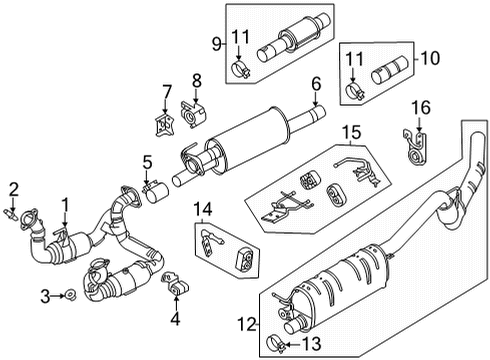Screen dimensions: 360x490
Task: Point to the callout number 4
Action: pyautogui.click(x=176, y=321)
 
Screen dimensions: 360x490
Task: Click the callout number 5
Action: pyautogui.click(x=147, y=161)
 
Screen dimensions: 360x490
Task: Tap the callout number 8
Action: pyautogui.click(x=196, y=79)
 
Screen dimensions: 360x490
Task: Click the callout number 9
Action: pyautogui.click(x=213, y=44)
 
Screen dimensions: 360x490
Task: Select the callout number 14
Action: pyautogui.click(x=203, y=209)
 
